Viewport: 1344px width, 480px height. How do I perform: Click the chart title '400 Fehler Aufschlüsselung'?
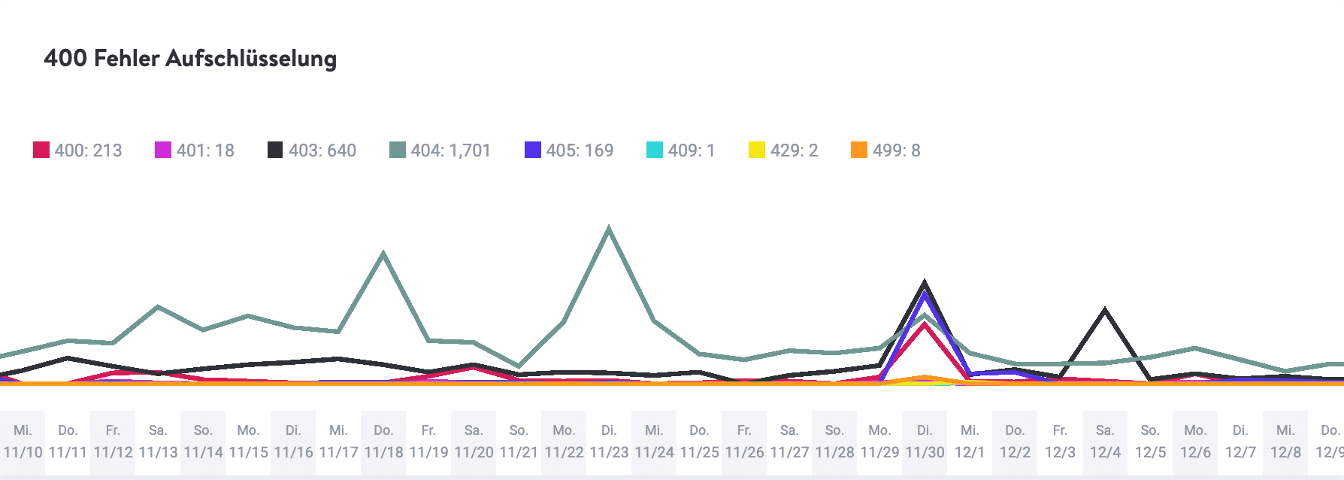coord(190,59)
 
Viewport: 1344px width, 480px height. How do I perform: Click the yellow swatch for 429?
coord(756,150)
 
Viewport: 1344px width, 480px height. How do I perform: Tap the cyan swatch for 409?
coord(654,150)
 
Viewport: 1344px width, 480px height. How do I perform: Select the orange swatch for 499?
coord(858,150)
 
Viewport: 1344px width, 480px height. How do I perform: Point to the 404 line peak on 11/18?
coord(383,254)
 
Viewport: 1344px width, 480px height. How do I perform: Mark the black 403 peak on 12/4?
coord(1104,309)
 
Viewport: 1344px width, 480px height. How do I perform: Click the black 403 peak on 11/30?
coord(925,284)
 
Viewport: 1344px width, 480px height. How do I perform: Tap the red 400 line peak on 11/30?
coord(925,324)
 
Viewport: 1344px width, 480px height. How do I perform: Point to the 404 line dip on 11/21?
coord(518,366)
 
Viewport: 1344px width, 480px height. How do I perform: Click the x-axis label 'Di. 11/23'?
coord(609,442)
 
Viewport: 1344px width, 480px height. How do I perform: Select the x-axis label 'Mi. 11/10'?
coord(23,442)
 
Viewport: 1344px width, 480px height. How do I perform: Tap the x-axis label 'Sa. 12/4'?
coord(1105,442)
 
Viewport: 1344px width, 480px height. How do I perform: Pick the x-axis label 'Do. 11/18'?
coord(383,442)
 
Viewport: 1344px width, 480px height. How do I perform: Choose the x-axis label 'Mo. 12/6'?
coord(1195,442)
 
